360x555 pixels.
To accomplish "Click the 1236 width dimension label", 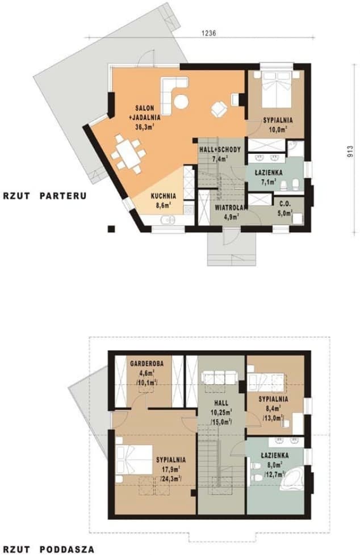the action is coord(209,33).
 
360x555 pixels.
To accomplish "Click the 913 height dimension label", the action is coord(350,152).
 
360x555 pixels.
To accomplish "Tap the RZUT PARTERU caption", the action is coord(45,196).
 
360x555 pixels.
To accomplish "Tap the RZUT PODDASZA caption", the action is coord(49,549).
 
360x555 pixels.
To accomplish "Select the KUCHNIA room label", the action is coord(164,196).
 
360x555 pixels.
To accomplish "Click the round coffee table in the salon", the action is coord(181,102).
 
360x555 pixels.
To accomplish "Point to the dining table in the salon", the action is coord(128,154).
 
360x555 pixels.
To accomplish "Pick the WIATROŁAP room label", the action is coord(231,208).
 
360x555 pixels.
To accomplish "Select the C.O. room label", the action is coord(285,204).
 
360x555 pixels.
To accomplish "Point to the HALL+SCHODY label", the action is coord(220,150).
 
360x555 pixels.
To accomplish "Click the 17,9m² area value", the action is coord(171,469).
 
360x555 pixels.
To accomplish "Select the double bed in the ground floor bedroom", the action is coord(277,90).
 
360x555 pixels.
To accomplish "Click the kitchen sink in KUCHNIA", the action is coord(168,220).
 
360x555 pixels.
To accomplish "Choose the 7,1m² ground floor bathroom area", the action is coord(268,182).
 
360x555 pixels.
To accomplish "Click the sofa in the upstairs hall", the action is coord(220,378).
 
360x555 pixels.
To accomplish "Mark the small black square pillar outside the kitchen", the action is coord(112,229).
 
